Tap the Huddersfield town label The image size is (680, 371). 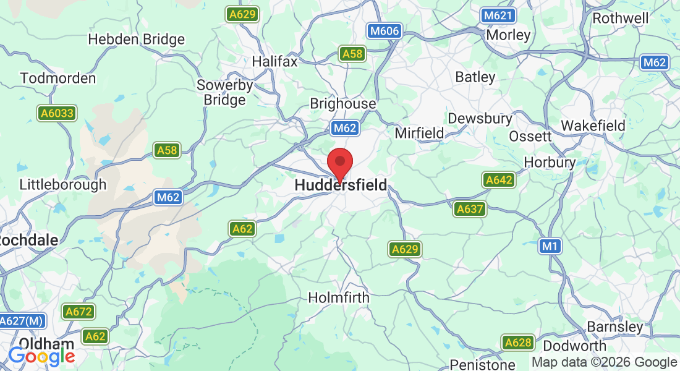pyautogui.click(x=341, y=185)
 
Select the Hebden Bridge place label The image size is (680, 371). pyautogui.click(x=136, y=40)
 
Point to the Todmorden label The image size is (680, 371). pyautogui.click(x=58, y=79)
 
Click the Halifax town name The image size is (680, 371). pyautogui.click(x=274, y=62)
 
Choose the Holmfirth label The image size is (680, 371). pyautogui.click(x=339, y=297)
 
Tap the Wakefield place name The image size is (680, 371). pyautogui.click(x=593, y=126)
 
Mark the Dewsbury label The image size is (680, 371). pyautogui.click(x=480, y=118)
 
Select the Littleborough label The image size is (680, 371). pyautogui.click(x=63, y=184)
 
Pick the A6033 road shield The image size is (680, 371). pyautogui.click(x=57, y=113)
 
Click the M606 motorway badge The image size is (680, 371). pyautogui.click(x=384, y=31)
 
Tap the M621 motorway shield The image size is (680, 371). pyautogui.click(x=498, y=15)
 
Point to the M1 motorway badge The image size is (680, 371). pyautogui.click(x=550, y=246)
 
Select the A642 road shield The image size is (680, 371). pyautogui.click(x=499, y=180)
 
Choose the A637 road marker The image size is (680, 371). pyautogui.click(x=470, y=209)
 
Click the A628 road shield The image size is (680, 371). pyautogui.click(x=517, y=343)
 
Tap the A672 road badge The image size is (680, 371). pyautogui.click(x=78, y=312)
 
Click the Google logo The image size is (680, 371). pyautogui.click(x=41, y=356)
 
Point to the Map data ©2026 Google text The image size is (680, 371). pyautogui.click(x=604, y=362)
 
